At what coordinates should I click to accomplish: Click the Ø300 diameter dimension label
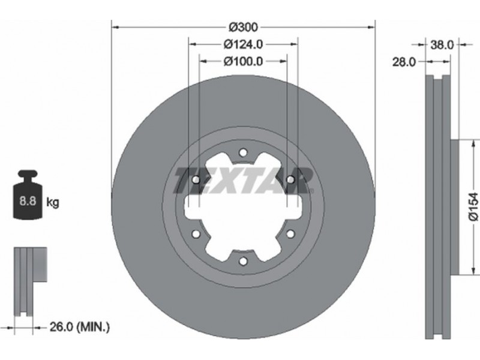244,28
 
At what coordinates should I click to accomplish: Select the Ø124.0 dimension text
243,44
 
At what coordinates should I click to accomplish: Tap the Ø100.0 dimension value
243,62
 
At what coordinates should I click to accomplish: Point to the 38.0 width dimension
442,45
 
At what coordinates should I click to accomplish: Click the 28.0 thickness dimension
404,62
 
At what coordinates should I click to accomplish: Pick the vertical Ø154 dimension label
473,206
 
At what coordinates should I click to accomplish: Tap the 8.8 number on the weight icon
28,201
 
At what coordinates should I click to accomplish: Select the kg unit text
53,202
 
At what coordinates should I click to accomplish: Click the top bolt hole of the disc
243,152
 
